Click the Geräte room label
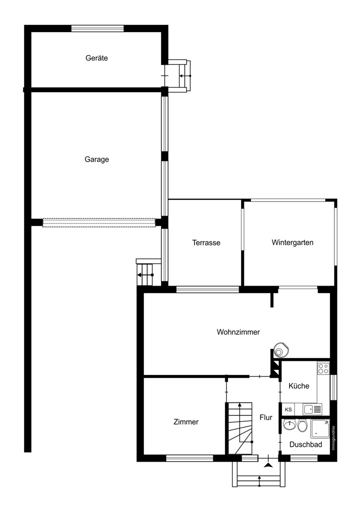pos(96,58)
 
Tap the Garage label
pos(96,159)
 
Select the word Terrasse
pos(206,243)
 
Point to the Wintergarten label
pos(292,242)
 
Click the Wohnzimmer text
pos(238,332)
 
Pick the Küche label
pos(299,386)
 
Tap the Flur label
pos(266,417)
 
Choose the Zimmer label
pos(186,422)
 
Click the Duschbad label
pos(305,444)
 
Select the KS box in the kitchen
pos(289,409)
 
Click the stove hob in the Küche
pos(323,368)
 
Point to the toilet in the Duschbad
pos(302,426)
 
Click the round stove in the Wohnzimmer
pos(280,349)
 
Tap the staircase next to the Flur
pos(240,427)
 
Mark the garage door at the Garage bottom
pos(99,222)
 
